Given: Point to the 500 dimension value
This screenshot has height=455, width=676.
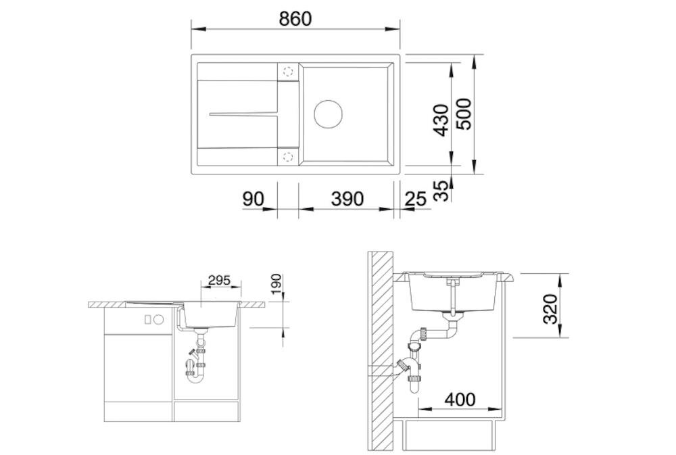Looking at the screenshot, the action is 464,114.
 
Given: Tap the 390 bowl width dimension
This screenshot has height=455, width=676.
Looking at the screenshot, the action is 347,198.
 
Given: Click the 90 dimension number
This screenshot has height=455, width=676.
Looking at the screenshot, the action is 253,199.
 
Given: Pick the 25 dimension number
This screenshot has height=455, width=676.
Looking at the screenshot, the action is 416,199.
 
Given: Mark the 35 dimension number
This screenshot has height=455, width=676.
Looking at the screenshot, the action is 441,191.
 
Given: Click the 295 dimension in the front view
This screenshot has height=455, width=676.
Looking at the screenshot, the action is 219,281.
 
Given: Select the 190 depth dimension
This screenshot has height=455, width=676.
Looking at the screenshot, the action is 276,285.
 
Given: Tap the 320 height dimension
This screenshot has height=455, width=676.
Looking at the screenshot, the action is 550,309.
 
